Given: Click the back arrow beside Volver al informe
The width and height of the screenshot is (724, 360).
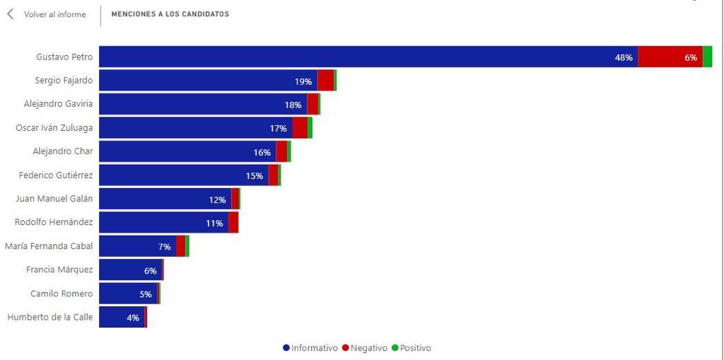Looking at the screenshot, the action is (10, 14).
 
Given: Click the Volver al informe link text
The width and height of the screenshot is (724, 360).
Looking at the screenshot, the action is (55, 14).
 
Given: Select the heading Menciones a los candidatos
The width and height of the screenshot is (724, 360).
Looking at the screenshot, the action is (170, 14).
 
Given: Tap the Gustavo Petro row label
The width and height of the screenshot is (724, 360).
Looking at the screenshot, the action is (64, 57).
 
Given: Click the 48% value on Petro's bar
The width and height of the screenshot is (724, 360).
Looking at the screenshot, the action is (624, 58).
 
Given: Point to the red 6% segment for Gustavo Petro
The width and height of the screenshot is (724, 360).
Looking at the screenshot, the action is (670, 57).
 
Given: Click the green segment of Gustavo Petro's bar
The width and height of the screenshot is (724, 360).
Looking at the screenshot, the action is (707, 57).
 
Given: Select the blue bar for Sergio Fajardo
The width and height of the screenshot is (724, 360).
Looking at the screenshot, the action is (209, 81).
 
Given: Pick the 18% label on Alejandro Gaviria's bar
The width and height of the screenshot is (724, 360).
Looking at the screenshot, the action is (293, 105).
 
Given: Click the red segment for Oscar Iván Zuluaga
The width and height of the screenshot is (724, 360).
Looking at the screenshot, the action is (300, 127).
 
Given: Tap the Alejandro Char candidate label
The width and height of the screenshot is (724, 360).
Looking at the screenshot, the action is (63, 151).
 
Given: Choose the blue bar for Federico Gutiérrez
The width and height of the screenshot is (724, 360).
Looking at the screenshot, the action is (184, 175).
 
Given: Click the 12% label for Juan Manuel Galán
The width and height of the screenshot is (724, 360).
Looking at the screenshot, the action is (217, 200).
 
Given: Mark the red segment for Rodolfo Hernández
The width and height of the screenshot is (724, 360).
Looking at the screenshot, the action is (233, 222).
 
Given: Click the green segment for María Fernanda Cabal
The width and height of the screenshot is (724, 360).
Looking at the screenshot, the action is (187, 246).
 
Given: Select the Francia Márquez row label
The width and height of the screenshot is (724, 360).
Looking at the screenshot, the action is (59, 269).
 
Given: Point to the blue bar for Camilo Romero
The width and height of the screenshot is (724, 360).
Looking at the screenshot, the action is (129, 294).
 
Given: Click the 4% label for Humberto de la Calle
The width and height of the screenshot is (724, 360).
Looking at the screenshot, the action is (133, 318).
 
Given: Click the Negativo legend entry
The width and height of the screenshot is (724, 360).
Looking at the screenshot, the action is (365, 348).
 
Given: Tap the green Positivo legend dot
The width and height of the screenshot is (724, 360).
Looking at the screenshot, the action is (395, 348).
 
